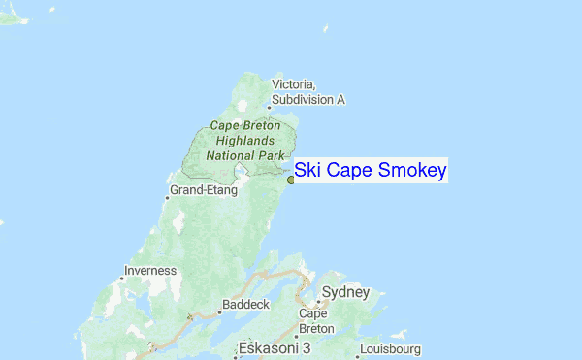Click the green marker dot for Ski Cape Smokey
pyautogui.click(x=291, y=180)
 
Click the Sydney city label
pyautogui.click(x=345, y=292)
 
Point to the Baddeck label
pyautogui.click(x=243, y=304)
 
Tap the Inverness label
pyautogui.click(x=150, y=270)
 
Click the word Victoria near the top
pyautogui.click(x=294, y=85)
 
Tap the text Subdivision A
pyautogui.click(x=308, y=99)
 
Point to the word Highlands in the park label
pyautogui.click(x=245, y=140)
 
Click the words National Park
pyautogui.click(x=245, y=154)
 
